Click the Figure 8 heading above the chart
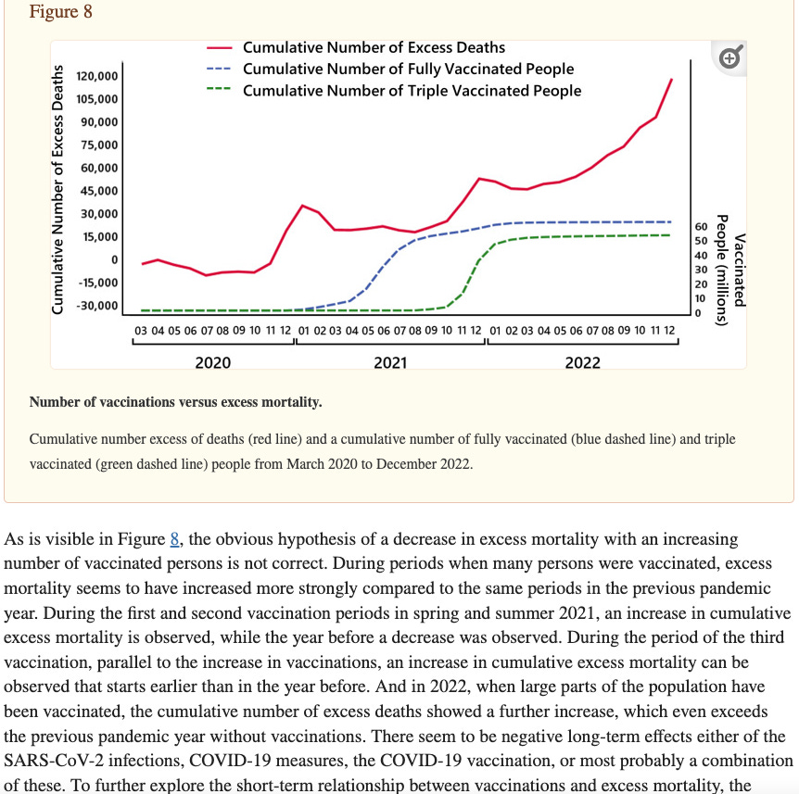click(61, 13)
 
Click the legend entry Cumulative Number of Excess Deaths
click(374, 47)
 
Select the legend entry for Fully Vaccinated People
click(408, 69)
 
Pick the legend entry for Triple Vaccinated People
click(412, 91)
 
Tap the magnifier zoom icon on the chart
click(730, 58)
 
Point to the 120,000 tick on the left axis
click(97, 76)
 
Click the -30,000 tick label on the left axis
click(97, 306)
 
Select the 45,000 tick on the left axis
click(100, 191)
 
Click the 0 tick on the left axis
click(114, 259)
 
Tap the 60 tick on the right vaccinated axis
click(700, 226)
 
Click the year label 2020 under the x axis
click(213, 363)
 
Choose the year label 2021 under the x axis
click(390, 363)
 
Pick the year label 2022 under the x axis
click(582, 363)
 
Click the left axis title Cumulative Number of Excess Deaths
click(59, 189)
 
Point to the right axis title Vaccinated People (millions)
click(731, 269)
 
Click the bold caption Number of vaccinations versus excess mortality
click(176, 402)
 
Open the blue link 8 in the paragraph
click(173, 539)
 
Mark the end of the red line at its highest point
click(671, 80)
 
